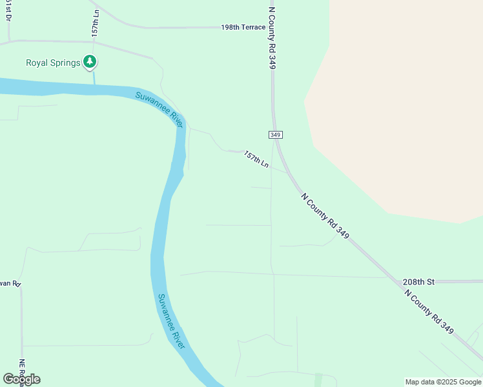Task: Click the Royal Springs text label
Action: (53, 63)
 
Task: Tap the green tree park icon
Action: (90, 63)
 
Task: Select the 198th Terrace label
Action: (243, 28)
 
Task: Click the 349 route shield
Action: (275, 134)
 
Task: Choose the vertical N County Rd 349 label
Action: (272, 35)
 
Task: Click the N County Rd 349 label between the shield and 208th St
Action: (325, 215)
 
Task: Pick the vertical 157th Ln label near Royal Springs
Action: (95, 23)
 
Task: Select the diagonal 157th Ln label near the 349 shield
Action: (256, 159)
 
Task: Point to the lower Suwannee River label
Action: (172, 321)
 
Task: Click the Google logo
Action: (21, 379)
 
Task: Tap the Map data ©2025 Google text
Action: (443, 382)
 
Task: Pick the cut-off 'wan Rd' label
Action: (10, 283)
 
